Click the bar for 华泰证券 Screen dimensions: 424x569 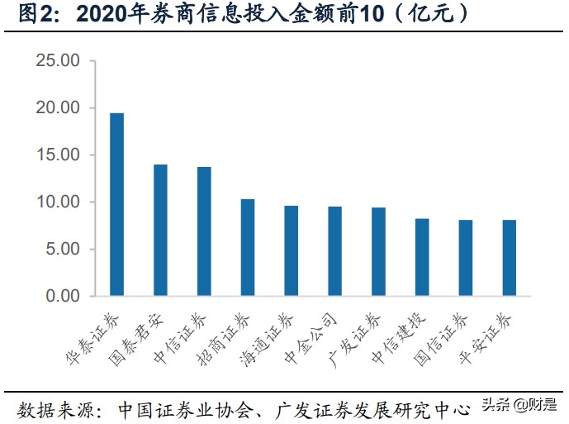pyautogui.click(x=117, y=204)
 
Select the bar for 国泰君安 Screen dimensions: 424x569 pyautogui.click(x=160, y=230)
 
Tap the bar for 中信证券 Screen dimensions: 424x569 pyautogui.click(x=204, y=231)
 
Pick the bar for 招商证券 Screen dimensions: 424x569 pyautogui.click(x=248, y=247)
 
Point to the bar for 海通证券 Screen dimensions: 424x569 pyautogui.click(x=292, y=250)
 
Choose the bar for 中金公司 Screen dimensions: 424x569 pyautogui.click(x=334, y=250)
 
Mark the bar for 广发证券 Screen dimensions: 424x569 pyautogui.click(x=378, y=251)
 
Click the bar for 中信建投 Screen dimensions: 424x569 pyautogui.click(x=422, y=257)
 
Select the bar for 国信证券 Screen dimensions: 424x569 pyautogui.click(x=466, y=258)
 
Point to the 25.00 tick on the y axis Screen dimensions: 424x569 pyautogui.click(x=57, y=61)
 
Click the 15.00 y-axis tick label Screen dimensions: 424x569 pyautogui.click(x=57, y=155)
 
